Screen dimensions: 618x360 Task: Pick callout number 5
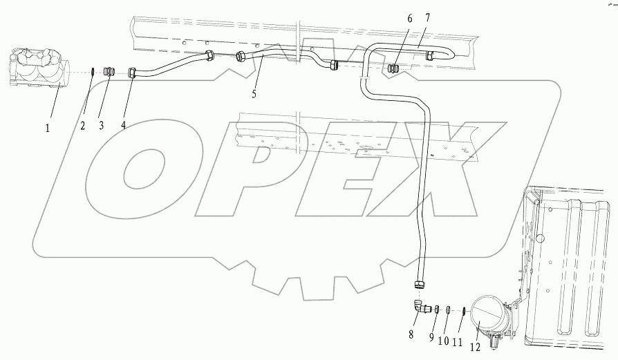point(254,94)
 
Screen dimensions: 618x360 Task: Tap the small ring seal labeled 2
point(93,71)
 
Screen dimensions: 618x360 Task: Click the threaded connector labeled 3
point(108,71)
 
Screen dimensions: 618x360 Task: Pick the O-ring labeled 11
point(462,310)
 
